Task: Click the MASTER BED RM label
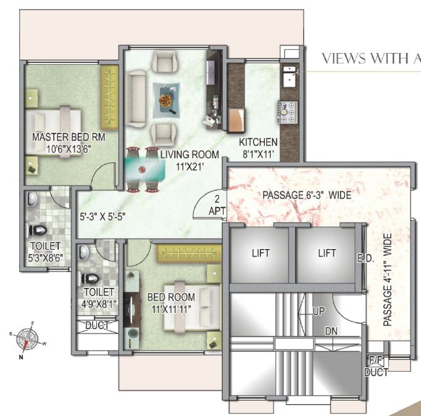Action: click(60, 136)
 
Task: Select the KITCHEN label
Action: click(259, 143)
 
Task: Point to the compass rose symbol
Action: click(27, 338)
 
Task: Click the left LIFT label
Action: click(261, 253)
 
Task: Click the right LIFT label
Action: click(327, 253)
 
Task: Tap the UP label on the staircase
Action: click(319, 311)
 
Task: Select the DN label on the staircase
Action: click(331, 332)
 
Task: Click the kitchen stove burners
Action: click(288, 112)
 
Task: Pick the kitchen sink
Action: click(289, 78)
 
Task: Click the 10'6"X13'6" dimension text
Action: click(60, 148)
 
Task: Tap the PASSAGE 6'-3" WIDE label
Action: click(307, 195)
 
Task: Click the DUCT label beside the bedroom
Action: click(97, 325)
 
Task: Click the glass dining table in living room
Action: click(142, 168)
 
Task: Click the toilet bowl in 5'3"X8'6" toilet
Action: click(38, 231)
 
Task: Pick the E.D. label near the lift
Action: click(364, 258)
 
